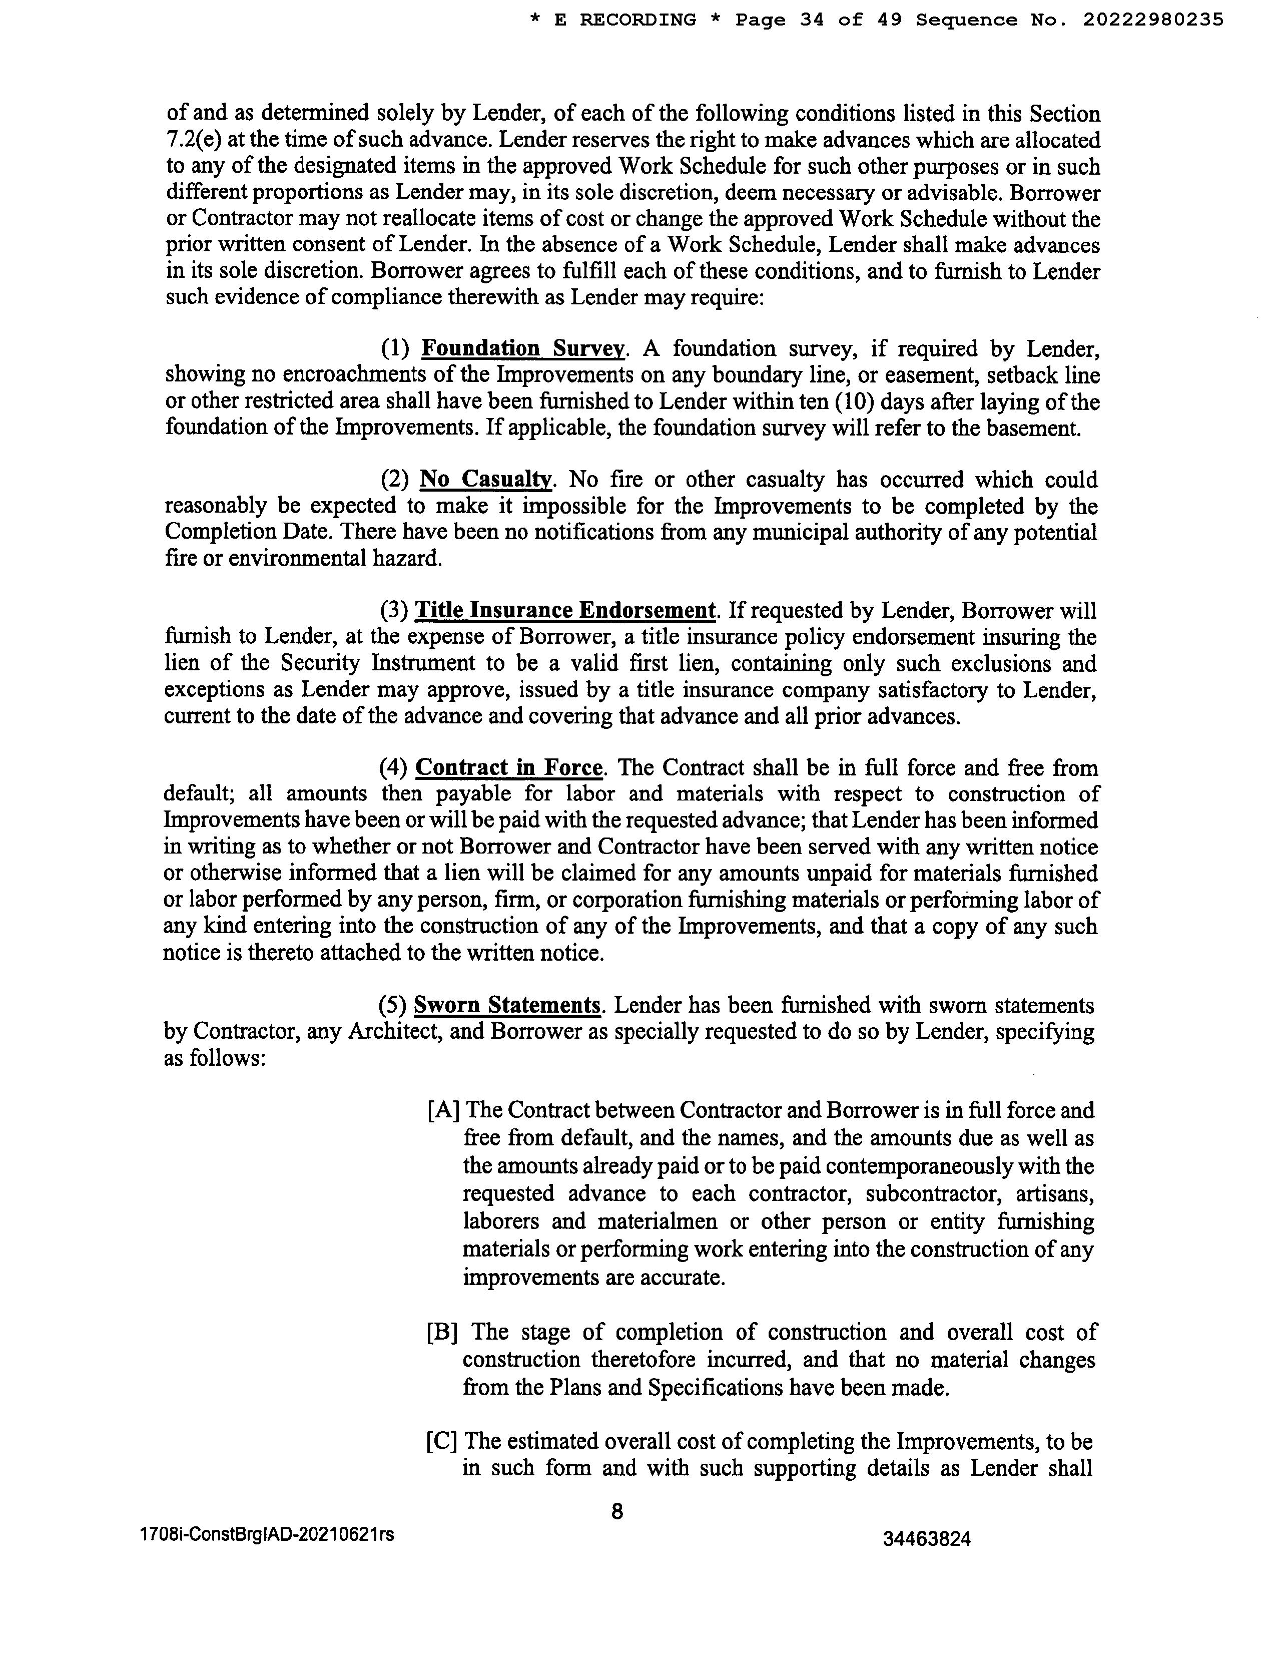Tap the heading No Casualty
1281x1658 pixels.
(485, 480)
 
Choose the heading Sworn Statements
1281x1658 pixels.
(507, 1005)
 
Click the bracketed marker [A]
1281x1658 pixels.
(444, 1111)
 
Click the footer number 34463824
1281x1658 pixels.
(927, 1539)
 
